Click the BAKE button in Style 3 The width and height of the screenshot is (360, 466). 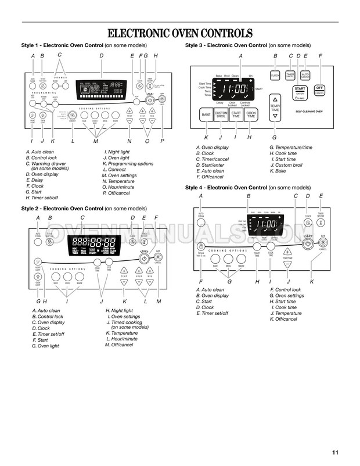206,116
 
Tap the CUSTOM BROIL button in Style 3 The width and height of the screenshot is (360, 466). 221,115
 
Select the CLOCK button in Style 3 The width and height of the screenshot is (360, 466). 275,76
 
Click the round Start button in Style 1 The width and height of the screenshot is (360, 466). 149,99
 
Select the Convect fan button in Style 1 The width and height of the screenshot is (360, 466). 73,116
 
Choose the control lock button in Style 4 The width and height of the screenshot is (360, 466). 201,245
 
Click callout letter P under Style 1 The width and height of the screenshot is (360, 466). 162,141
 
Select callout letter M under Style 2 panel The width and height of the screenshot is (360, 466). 158,301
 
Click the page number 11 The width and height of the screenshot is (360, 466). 336,453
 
